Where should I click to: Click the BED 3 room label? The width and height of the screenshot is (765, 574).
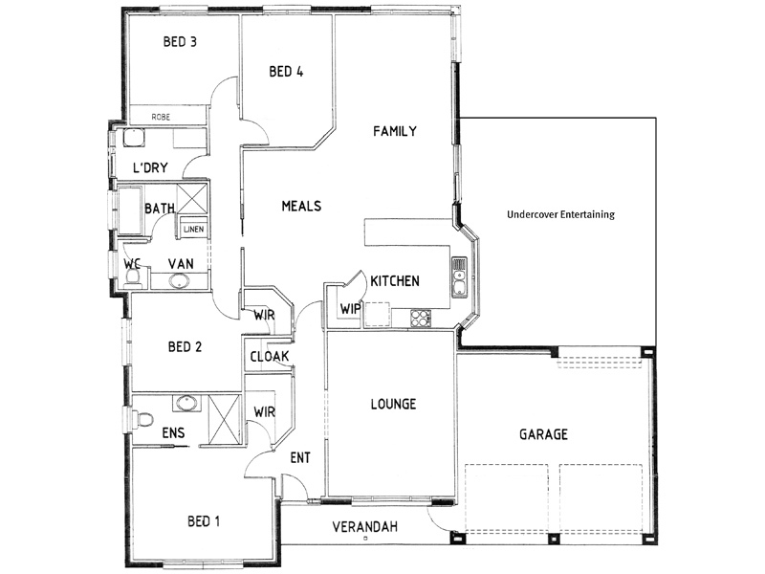coord(180,41)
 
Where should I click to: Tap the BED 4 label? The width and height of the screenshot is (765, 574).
coord(286,72)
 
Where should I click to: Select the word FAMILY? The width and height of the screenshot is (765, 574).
coord(395,131)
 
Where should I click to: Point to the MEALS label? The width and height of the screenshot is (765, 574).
coord(301,206)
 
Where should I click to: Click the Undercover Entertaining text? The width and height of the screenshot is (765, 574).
coord(560,214)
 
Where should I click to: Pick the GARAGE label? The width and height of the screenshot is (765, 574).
coord(543,434)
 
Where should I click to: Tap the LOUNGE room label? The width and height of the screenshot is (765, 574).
coord(393,404)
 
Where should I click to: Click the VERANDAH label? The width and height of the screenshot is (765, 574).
coord(365,527)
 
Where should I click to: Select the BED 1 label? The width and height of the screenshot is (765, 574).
coord(204,521)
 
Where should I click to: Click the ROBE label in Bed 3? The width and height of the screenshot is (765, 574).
coord(161,117)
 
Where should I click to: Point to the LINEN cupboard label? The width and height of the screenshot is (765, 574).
coord(194,229)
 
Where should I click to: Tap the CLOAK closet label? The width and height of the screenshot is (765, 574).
coord(270,357)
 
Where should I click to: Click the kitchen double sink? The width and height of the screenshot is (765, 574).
coord(459,277)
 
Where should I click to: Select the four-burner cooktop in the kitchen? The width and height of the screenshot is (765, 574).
coord(421,319)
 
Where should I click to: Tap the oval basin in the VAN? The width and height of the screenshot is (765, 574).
coord(180,281)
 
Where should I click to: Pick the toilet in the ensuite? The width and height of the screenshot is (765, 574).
coord(144,419)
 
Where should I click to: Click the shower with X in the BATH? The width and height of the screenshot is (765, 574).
coord(192,199)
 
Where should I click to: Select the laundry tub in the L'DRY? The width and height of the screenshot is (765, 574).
coord(133,138)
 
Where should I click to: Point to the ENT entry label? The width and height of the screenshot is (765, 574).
coord(300,458)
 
